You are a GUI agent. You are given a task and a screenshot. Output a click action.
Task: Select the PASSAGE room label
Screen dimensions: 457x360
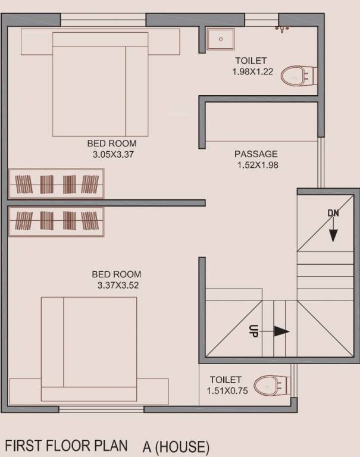(x=256, y=154)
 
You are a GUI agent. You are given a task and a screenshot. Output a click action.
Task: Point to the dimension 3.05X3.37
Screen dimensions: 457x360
(x=111, y=154)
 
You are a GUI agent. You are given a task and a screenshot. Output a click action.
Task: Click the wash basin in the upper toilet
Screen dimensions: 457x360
(x=220, y=39)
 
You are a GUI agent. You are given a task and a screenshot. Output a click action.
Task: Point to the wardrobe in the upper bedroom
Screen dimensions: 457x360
(x=57, y=184)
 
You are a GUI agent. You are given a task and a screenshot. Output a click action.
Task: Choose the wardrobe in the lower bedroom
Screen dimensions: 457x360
(x=57, y=221)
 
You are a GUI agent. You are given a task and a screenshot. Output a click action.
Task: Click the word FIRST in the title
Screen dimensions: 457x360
(x=26, y=446)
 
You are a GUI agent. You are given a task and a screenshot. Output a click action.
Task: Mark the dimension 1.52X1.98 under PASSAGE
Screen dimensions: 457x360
(x=257, y=165)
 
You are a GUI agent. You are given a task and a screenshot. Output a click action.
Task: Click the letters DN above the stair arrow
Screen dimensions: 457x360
(x=333, y=212)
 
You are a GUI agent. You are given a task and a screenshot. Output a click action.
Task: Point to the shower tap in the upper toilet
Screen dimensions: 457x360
(x=282, y=27)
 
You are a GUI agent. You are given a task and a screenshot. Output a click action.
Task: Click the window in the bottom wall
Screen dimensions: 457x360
(x=101, y=409)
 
